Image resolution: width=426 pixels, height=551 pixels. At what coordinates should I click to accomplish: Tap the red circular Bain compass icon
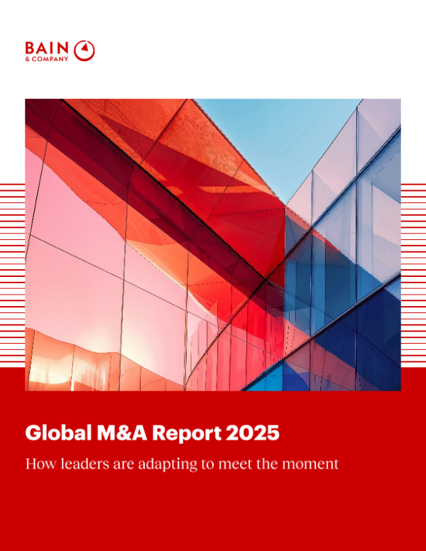pos(84,50)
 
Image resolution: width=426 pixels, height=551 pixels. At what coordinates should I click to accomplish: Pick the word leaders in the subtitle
pos(77,464)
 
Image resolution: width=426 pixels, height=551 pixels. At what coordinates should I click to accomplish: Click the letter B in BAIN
pos(30,48)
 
